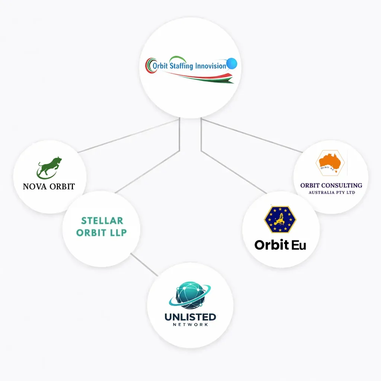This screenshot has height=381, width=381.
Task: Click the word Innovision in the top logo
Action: [x=211, y=66]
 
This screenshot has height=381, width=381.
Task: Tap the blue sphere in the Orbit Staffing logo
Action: [x=232, y=64]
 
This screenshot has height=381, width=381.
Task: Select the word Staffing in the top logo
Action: [x=182, y=66]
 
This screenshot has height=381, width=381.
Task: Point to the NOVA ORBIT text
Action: [x=49, y=186]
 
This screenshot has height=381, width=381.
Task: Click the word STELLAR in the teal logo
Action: [x=102, y=221]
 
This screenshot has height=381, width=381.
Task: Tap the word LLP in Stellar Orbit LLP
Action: [x=118, y=233]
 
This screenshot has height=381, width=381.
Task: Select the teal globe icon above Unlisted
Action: [x=190, y=295]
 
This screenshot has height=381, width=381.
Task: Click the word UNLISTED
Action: [x=190, y=317]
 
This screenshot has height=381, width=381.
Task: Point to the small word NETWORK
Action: [x=190, y=324]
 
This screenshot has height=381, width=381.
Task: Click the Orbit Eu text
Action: [x=280, y=245]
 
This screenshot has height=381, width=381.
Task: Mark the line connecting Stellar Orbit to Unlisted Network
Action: [x=144, y=265]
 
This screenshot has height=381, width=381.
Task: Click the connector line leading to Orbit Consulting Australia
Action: [x=253, y=136]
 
